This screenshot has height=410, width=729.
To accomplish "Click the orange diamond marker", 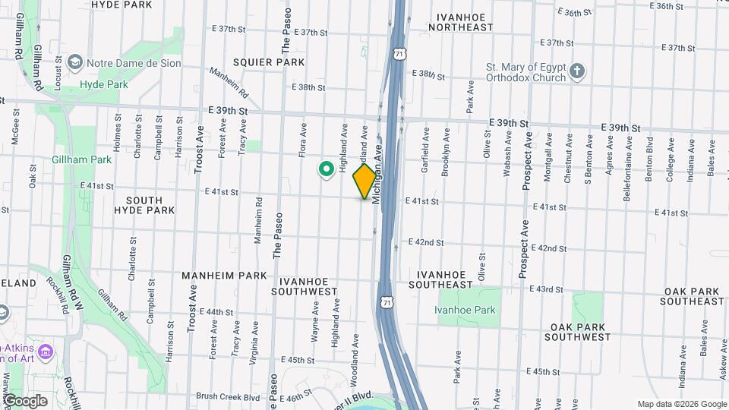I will tap(365, 181).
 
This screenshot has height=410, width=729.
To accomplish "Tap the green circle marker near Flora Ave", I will tap(327, 169).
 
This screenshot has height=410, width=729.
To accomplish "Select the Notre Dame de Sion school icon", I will tap(74, 61).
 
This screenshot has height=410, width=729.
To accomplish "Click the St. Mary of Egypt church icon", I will tap(577, 72).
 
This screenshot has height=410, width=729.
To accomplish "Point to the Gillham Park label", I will tap(82, 159).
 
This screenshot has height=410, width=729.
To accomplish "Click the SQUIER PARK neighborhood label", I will tap(269, 62).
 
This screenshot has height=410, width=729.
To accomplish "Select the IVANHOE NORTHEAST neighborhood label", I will tap(460, 20).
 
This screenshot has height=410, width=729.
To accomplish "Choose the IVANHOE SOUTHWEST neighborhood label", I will tap(304, 285).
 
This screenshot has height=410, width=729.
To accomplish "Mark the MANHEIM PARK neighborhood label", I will tap(224, 275).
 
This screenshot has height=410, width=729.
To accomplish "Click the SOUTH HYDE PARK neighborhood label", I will tap(139, 205).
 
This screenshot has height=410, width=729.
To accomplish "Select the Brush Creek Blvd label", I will tap(228, 396).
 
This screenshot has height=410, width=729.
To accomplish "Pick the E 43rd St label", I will tap(548, 289).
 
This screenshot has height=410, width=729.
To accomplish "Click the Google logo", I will tap(25, 401).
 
